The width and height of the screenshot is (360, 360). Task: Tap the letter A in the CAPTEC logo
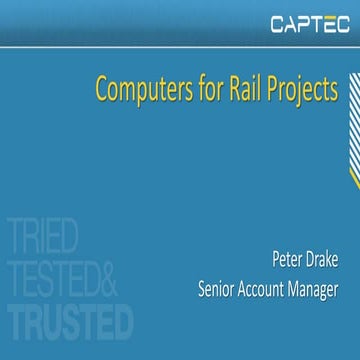(290, 23)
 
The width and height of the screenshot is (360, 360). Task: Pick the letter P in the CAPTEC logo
(304, 23)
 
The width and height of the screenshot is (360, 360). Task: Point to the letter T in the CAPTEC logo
(318, 23)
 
